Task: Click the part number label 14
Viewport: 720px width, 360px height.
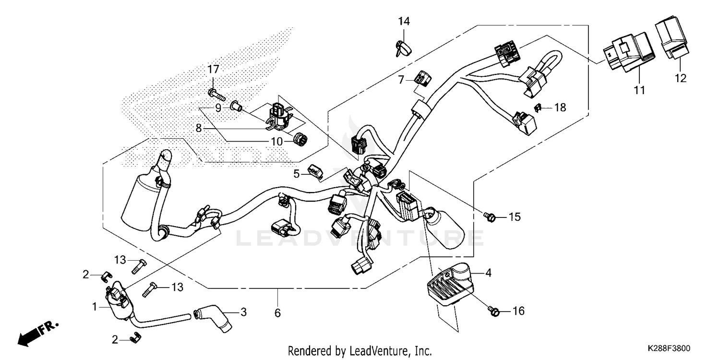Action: pyautogui.click(x=404, y=21)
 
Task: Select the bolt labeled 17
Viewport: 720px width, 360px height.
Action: pyautogui.click(x=216, y=93)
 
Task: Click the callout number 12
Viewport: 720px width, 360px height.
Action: pyautogui.click(x=681, y=78)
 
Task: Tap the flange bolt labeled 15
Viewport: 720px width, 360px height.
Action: pyautogui.click(x=488, y=217)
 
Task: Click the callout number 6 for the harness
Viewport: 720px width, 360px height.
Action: pyautogui.click(x=277, y=313)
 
